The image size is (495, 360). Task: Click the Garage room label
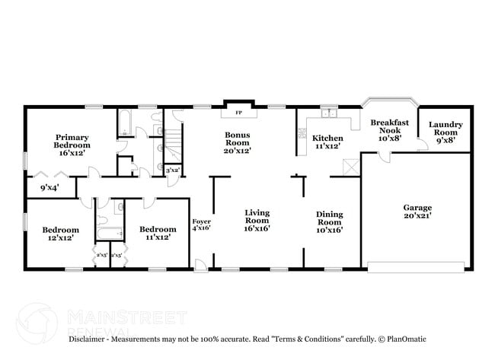[x=417, y=212]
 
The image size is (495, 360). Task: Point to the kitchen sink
[x=328, y=114]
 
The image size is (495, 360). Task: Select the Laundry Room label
[x=445, y=129]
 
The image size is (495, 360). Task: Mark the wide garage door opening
[x=416, y=266]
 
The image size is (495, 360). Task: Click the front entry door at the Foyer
[x=200, y=265]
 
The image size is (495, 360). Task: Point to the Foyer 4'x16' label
[x=201, y=224]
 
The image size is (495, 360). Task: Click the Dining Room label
[x=330, y=220]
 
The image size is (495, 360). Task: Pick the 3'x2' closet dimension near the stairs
[x=173, y=171]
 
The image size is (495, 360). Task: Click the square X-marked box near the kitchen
[x=349, y=167]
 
